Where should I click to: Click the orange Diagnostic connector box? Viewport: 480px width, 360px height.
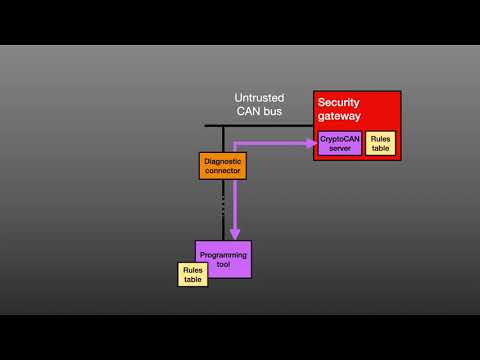pos(222,165)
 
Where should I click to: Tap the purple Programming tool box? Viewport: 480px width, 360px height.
pos(223,258)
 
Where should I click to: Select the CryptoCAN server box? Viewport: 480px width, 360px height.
pos(339,143)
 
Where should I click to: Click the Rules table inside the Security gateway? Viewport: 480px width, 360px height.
pos(380,143)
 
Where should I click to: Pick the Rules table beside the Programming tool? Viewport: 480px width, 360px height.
pos(193,274)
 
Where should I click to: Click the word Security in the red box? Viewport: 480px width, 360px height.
pos(338,102)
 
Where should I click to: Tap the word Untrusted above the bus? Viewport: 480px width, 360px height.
pos(259,98)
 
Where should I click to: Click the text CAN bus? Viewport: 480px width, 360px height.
pos(259,111)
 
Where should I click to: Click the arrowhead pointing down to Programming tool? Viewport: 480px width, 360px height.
pos(235,235)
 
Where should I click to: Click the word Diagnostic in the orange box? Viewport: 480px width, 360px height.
pos(222,160)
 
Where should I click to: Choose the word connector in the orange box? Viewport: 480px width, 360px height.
pos(222,171)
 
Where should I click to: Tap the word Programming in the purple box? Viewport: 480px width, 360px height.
pos(223,254)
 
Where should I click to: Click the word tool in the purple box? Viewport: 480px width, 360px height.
pos(223,265)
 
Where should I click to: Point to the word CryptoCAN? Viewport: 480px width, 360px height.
pos(339,138)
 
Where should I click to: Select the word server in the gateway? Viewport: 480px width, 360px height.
pos(339,148)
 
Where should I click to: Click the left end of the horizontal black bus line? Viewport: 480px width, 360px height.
pos(207,125)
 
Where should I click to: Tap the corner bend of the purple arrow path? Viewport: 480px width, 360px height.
pos(235,143)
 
